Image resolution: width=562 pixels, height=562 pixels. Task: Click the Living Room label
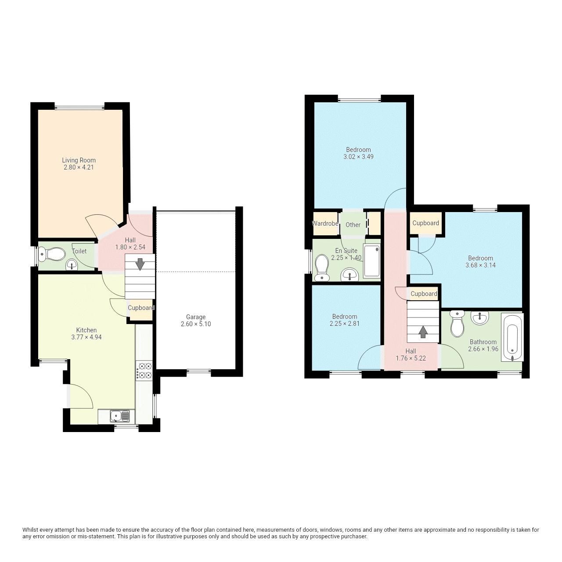pyautogui.click(x=79, y=160)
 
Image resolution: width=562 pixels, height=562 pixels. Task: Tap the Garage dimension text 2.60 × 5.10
pyautogui.click(x=195, y=324)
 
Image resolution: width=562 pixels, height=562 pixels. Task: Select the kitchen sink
pyautogui.click(x=119, y=415)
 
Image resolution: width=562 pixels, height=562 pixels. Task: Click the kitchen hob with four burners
pyautogui.click(x=144, y=370)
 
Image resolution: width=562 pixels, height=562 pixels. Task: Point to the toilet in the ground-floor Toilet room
pyautogui.click(x=52, y=254)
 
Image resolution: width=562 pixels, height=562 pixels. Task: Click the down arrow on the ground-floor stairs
pyautogui.click(x=140, y=264)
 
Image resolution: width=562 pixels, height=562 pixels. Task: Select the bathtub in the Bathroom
pyautogui.click(x=512, y=337)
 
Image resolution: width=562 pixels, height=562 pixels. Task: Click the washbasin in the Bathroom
pyautogui.click(x=479, y=317)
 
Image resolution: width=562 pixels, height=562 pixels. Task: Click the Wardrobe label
pyautogui.click(x=325, y=223)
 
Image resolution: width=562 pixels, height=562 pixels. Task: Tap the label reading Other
pyautogui.click(x=353, y=225)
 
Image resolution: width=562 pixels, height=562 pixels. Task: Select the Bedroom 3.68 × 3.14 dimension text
pyautogui.click(x=480, y=265)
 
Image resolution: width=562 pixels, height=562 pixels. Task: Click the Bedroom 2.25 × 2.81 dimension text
pyautogui.click(x=345, y=324)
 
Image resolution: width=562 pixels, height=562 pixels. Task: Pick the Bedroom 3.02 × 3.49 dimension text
pyautogui.click(x=358, y=157)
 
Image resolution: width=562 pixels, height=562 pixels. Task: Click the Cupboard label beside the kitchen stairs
pyautogui.click(x=141, y=308)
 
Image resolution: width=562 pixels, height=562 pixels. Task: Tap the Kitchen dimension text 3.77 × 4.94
pyautogui.click(x=86, y=337)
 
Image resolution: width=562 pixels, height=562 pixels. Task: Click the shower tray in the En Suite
pyautogui.click(x=371, y=261)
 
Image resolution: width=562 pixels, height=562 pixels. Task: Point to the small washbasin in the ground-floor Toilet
pyautogui.click(x=71, y=264)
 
